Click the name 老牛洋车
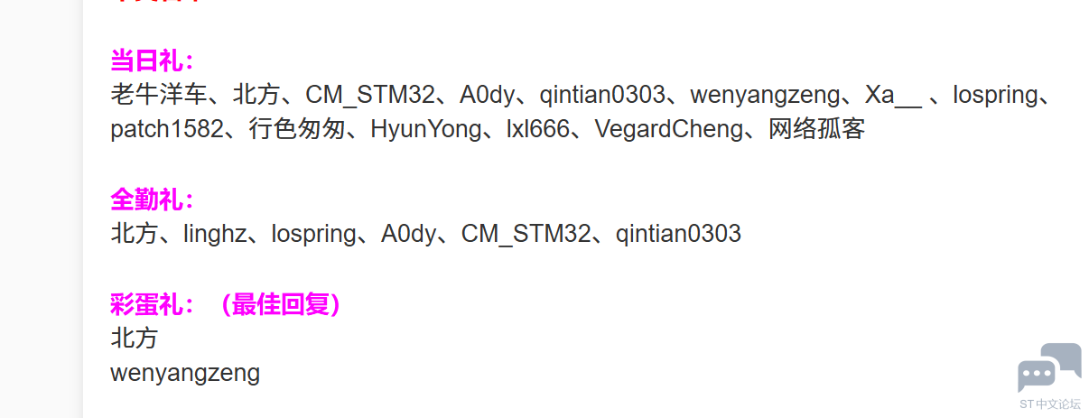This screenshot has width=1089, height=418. click(x=157, y=95)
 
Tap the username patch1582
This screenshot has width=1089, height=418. click(x=166, y=129)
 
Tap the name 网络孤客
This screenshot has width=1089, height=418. click(x=817, y=129)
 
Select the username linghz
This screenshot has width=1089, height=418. click(x=214, y=234)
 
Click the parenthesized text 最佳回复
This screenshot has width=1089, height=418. click(x=284, y=305)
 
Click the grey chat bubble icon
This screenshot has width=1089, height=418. click(x=1048, y=367)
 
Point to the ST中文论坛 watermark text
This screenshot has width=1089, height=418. click(x=1049, y=404)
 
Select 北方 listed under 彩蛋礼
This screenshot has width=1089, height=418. click(x=134, y=339)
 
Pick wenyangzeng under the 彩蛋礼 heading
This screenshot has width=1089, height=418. click(x=185, y=373)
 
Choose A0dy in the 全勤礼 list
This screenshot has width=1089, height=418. click(x=408, y=234)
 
